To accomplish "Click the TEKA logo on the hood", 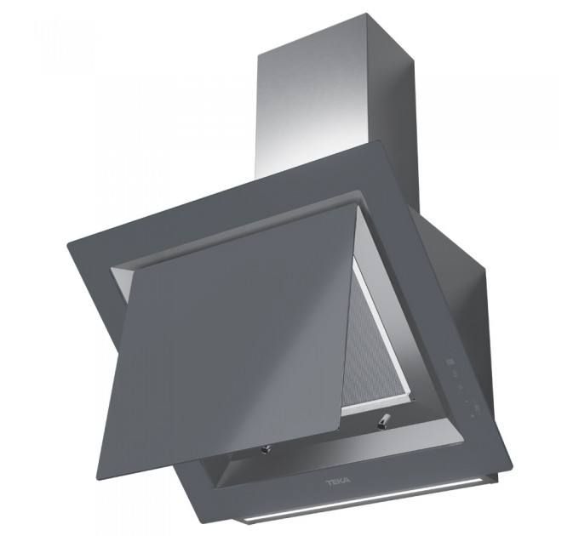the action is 338,482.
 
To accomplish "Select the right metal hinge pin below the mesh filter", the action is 382,421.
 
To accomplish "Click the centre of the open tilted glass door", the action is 237,328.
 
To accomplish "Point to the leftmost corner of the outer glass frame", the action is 67,243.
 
